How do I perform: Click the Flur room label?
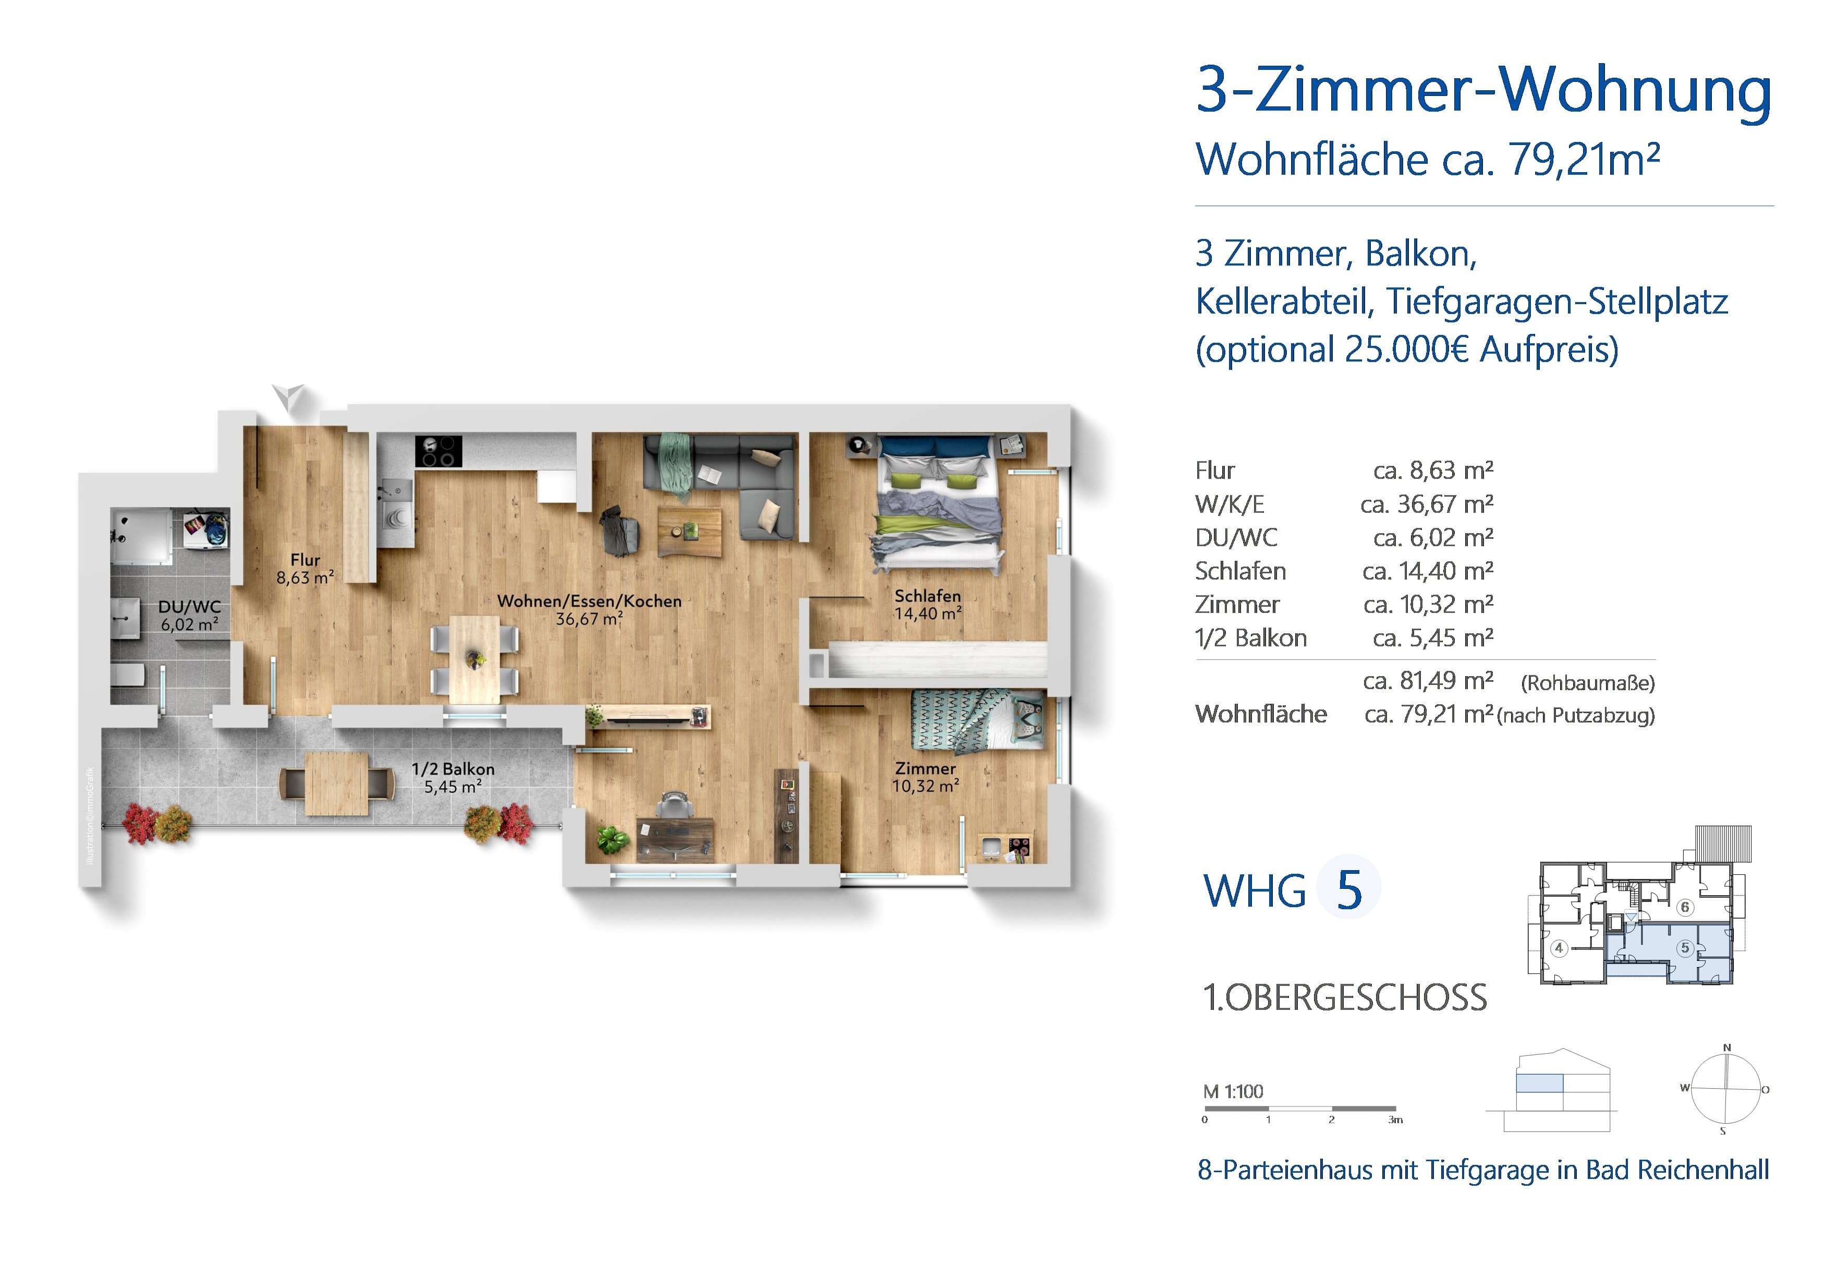click(305, 560)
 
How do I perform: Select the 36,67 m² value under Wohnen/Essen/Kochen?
click(589, 619)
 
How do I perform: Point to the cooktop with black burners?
click(439, 451)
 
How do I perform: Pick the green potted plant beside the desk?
click(613, 839)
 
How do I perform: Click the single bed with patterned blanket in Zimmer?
click(977, 719)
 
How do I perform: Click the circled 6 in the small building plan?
click(1684, 907)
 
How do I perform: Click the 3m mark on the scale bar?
click(1394, 1119)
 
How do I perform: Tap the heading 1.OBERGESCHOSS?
click(1345, 998)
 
